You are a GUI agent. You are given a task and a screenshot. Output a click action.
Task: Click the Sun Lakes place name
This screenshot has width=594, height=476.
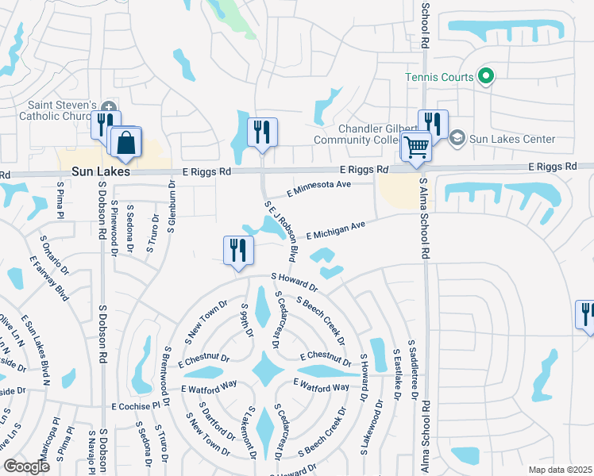pyautogui.click(x=100, y=171)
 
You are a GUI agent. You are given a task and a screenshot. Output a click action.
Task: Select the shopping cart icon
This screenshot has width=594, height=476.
pyautogui.click(x=416, y=146)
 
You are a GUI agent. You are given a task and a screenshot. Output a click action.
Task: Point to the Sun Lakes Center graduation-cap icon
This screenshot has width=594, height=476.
pyautogui.click(x=457, y=139)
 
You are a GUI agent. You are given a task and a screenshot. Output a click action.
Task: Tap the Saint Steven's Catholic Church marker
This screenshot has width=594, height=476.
pyautogui.click(x=110, y=107)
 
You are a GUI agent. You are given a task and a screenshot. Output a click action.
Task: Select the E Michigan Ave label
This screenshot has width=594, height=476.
pyautogui.click(x=334, y=231)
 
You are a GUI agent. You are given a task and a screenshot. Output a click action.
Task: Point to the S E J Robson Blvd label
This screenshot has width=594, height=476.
pyautogui.click(x=282, y=231)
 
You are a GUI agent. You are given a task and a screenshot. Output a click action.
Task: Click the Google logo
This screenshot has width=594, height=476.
pyautogui.click(x=26, y=466)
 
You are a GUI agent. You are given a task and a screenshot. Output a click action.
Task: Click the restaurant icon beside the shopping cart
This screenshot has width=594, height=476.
pyautogui.click(x=433, y=123)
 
